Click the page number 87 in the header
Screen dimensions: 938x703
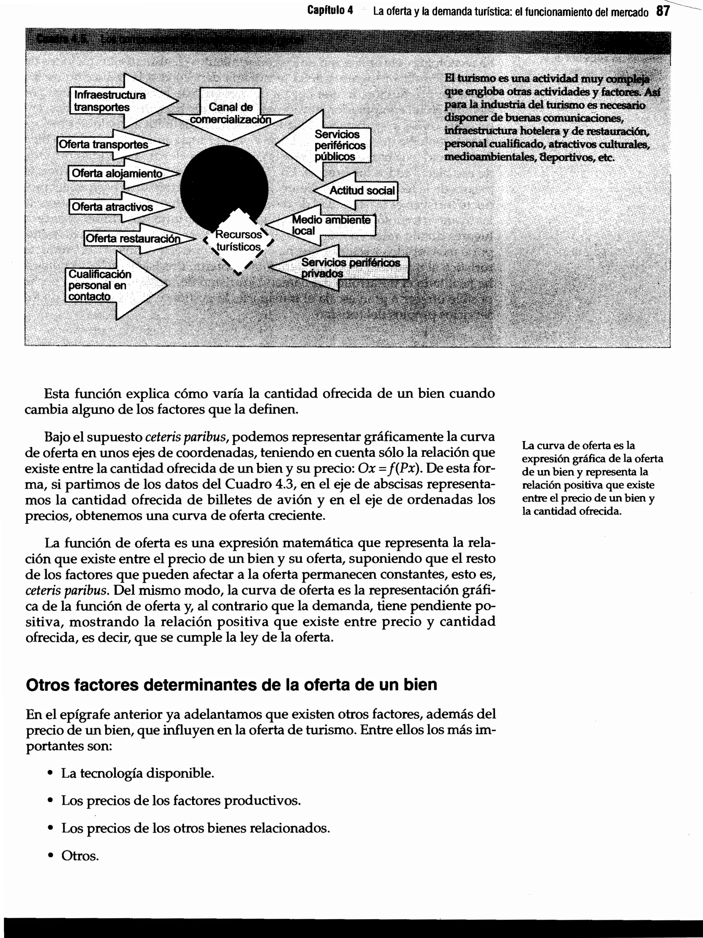(663, 11)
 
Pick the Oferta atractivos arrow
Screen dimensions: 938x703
(113, 207)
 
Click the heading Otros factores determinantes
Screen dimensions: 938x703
(231, 685)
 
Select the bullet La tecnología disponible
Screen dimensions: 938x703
(138, 773)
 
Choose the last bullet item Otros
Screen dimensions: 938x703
(80, 855)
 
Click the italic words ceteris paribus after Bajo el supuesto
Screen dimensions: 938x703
(187, 437)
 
